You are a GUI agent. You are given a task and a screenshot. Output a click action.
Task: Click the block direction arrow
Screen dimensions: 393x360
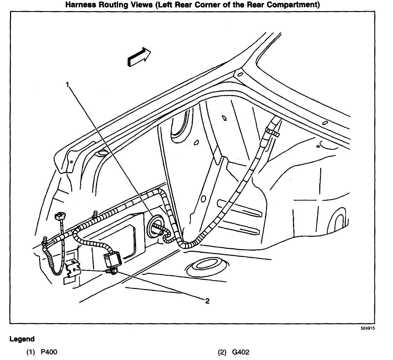click(x=139, y=57)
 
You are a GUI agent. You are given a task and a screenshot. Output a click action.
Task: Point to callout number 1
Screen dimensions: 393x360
click(x=67, y=84)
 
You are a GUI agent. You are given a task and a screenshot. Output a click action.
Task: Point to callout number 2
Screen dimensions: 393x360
click(x=207, y=301)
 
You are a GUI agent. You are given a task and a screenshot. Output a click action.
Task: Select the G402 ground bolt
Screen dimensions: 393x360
click(x=112, y=271)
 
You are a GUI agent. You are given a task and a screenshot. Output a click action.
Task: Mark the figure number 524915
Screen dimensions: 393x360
click(x=368, y=328)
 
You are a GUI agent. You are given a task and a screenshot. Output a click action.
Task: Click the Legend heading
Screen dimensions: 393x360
click(x=22, y=339)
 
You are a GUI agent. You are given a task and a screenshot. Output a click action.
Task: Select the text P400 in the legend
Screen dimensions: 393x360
click(x=49, y=352)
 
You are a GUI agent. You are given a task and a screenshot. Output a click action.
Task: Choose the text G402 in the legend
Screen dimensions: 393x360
click(x=241, y=352)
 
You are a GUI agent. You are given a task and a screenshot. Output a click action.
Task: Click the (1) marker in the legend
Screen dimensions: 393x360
click(x=30, y=352)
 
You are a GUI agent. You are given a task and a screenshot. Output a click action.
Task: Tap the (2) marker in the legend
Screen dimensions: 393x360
click(x=222, y=352)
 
